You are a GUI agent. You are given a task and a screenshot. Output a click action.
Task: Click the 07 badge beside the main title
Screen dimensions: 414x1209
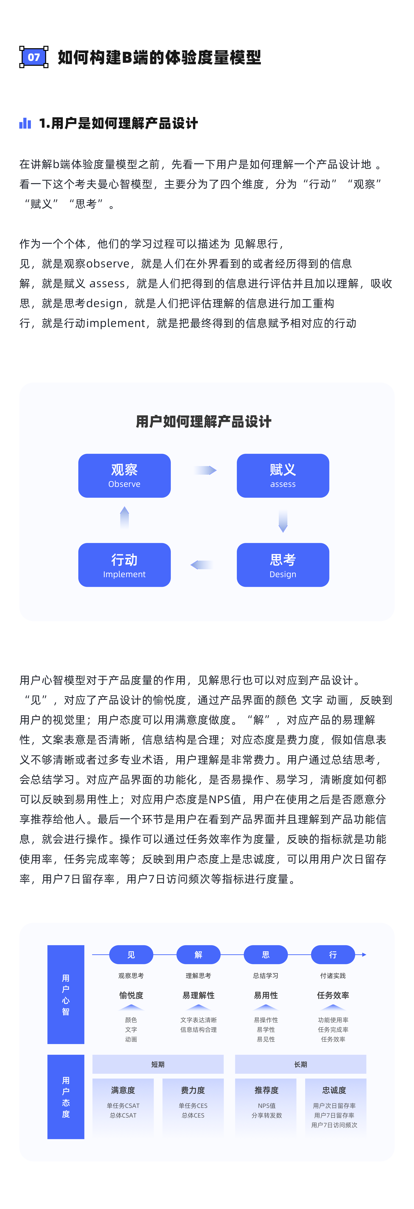point(34,57)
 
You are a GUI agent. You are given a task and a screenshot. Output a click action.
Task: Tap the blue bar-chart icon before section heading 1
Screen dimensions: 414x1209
point(25,123)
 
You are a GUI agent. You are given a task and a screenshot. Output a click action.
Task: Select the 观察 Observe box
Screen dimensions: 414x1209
point(124,475)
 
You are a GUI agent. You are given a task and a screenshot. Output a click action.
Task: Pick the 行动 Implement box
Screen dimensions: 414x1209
point(124,565)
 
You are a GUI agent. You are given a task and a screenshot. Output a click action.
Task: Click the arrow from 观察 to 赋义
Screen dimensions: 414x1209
point(205,470)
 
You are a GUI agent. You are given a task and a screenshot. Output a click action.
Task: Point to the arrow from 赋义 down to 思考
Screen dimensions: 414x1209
point(283,521)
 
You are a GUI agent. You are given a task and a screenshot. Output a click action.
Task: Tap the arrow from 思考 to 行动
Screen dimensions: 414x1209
point(202,565)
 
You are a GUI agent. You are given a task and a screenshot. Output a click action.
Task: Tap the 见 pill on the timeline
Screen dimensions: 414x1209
point(131,955)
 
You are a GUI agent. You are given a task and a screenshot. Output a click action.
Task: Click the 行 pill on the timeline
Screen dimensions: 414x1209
point(333,955)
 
